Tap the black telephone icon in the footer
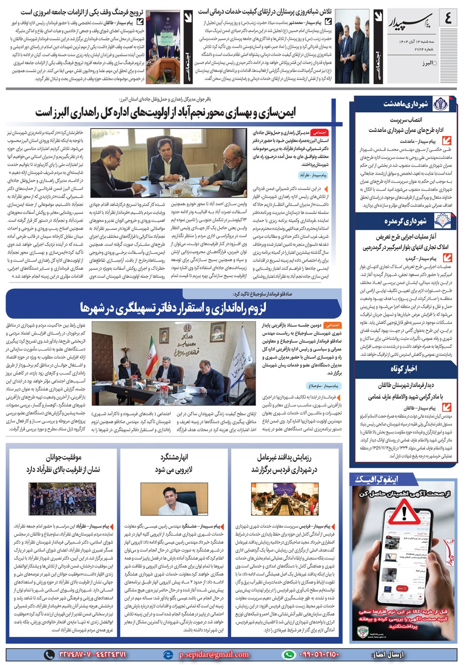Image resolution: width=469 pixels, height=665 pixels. point(49,655)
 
